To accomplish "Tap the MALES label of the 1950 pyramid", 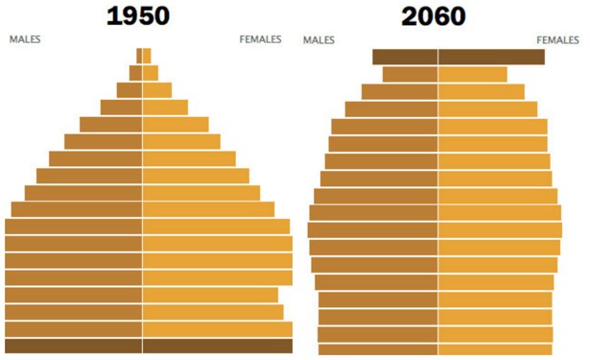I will coord(25,40).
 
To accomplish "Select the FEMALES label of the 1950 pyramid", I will coord(261,40).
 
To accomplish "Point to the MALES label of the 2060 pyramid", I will coord(319,40).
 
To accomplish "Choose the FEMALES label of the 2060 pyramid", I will coord(557,40).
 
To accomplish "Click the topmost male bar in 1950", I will coord(139,56).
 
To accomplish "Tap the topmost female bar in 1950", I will coord(147,56).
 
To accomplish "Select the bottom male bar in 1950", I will coord(74,346).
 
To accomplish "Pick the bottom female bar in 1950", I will coord(217,346).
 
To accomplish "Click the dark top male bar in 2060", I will coord(405,57).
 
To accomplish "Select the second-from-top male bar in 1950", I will coord(135,73).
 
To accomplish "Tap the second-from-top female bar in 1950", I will coord(151,73).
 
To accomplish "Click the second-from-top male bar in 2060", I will coord(410,74).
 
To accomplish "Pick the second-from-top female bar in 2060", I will coord(473,74).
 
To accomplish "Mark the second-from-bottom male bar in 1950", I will coord(74,328).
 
